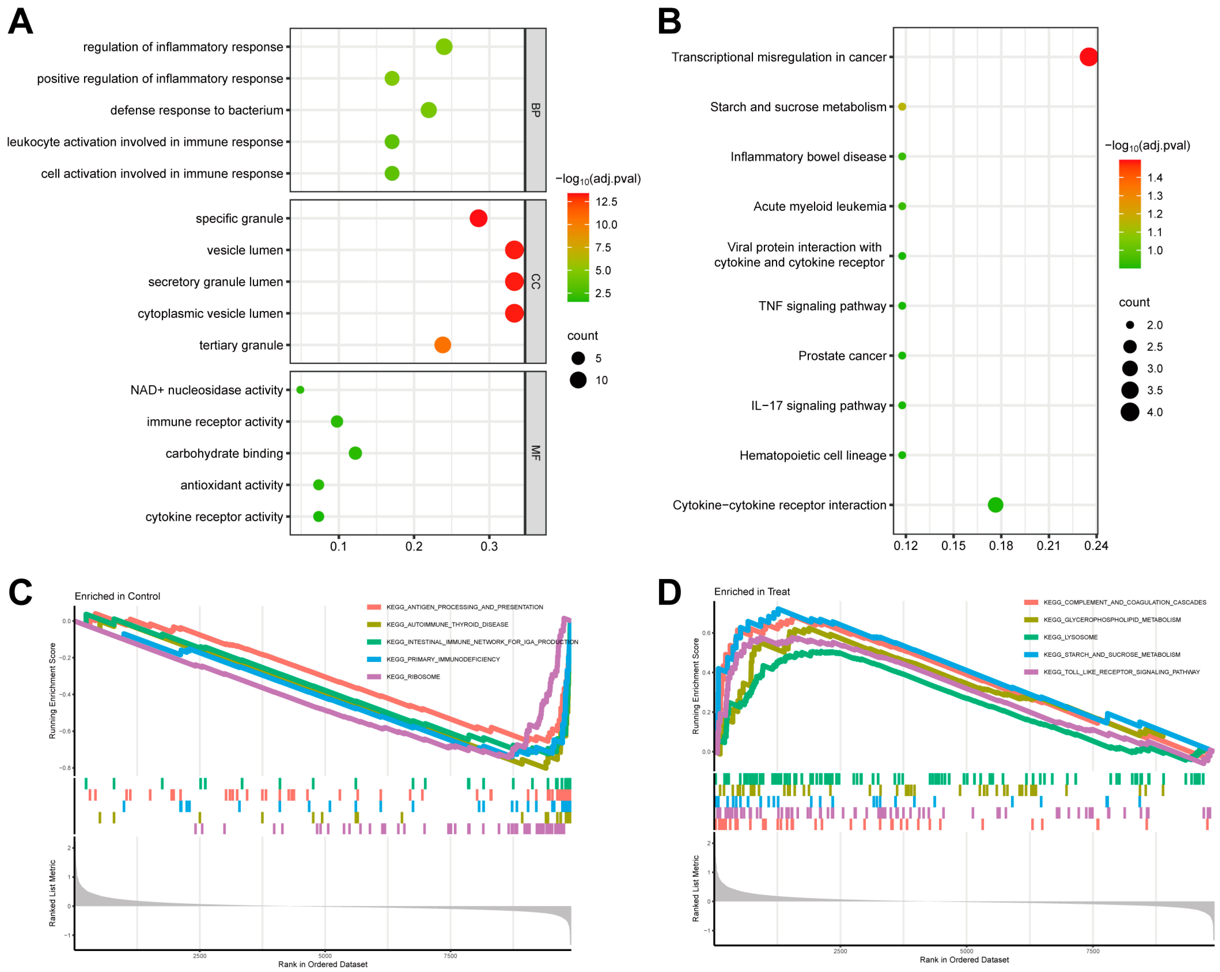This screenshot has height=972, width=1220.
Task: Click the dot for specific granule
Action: (478, 218)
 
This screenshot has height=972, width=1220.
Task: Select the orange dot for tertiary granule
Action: (443, 345)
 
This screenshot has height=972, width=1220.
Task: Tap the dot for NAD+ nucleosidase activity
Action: (301, 389)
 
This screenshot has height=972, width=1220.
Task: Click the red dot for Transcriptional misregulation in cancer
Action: (1088, 57)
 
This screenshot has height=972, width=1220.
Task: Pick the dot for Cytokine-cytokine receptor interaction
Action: (995, 505)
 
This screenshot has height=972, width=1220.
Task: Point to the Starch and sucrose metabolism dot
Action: (902, 107)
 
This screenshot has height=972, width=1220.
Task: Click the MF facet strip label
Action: (535, 453)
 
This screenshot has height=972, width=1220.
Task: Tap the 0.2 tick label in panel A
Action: (414, 546)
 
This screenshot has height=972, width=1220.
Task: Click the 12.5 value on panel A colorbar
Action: (606, 202)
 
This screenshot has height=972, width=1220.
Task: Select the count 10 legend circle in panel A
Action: (578, 380)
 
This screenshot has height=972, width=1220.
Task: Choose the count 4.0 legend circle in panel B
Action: (1130, 412)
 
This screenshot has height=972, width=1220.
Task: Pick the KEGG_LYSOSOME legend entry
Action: (1070, 637)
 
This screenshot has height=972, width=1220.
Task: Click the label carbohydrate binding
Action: (224, 453)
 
